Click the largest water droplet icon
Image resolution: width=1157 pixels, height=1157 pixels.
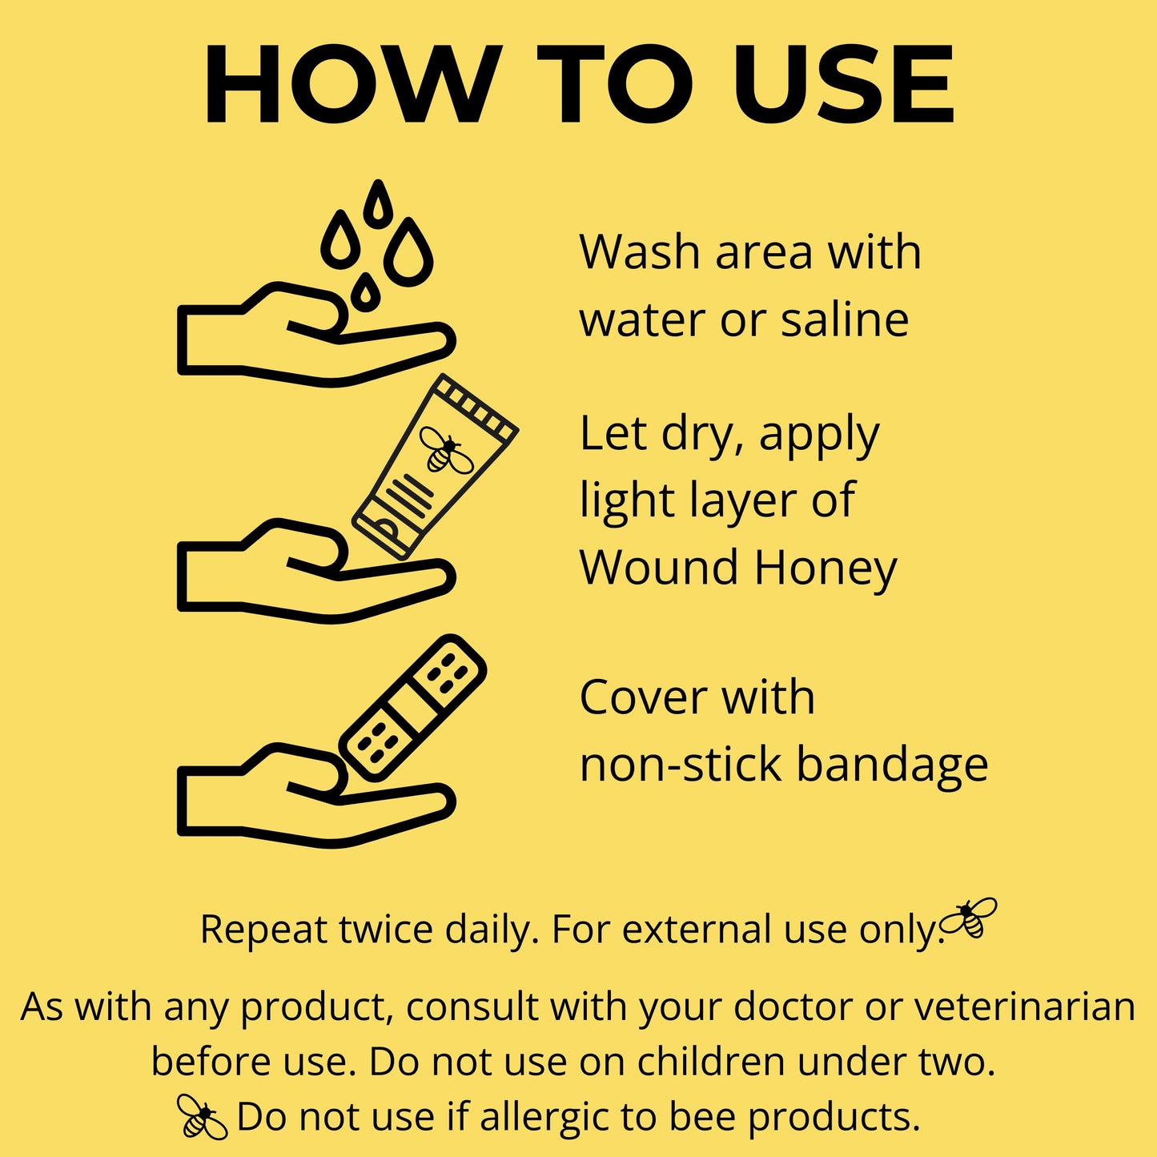point(408,253)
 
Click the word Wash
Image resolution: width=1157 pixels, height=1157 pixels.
point(640,252)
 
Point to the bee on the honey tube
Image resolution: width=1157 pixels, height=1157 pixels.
point(446,449)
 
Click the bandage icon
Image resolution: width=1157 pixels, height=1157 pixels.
point(412,709)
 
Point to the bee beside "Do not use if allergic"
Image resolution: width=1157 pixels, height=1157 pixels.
point(203,1116)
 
